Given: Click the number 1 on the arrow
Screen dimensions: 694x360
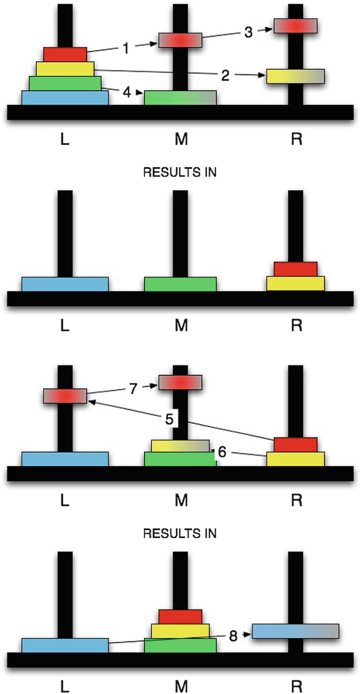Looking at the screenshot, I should (126, 48).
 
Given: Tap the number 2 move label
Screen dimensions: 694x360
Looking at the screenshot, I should (225, 76).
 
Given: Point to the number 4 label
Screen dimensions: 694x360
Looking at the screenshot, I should (127, 92).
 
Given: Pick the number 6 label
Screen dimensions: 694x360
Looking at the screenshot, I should (222, 452).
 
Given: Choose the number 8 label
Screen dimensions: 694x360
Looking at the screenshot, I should (233, 637).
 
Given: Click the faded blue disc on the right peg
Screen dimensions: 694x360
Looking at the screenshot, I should (296, 631).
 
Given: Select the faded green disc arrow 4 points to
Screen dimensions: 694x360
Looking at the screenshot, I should (180, 98).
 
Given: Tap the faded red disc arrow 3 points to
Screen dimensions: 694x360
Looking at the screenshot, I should (295, 26).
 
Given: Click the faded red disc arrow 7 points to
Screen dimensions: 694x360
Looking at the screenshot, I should (180, 382).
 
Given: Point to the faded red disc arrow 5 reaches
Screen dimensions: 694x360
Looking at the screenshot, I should (65, 395).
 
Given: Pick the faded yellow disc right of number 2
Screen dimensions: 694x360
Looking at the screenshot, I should (296, 76).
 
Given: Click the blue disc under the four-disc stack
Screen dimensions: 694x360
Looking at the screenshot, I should (65, 98).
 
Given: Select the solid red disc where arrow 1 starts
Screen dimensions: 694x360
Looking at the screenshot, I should (65, 54).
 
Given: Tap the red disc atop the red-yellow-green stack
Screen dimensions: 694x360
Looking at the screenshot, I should (180, 616).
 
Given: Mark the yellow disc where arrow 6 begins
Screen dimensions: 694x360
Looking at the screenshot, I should (296, 459).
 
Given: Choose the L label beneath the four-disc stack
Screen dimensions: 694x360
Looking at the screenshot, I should (65, 139).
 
